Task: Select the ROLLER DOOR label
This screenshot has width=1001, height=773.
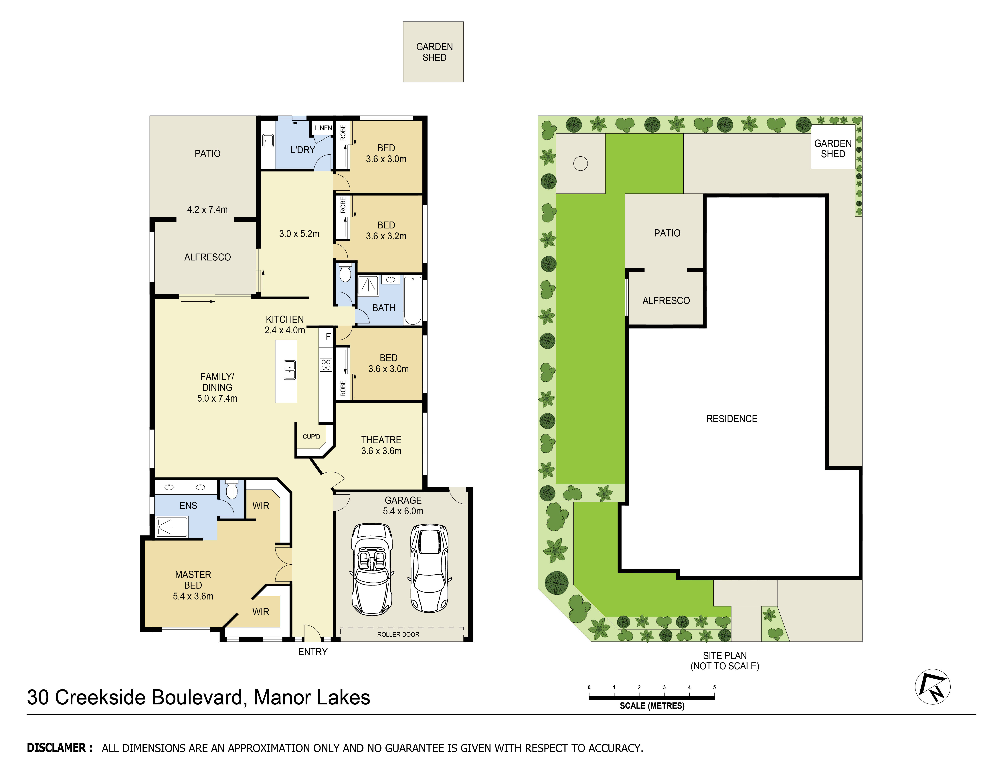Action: point(398,634)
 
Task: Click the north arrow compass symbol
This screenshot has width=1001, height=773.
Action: point(932,687)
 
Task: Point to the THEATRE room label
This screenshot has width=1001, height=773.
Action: point(381,445)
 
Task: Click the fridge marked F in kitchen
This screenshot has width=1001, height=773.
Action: point(328,337)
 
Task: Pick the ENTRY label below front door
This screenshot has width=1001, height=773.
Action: point(312,652)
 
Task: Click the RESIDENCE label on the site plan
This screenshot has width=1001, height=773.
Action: point(731,419)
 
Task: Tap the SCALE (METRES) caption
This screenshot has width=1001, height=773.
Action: point(652,706)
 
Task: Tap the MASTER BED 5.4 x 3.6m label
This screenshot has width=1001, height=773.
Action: point(193,585)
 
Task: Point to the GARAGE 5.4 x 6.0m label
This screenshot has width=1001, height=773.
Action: point(403,506)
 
